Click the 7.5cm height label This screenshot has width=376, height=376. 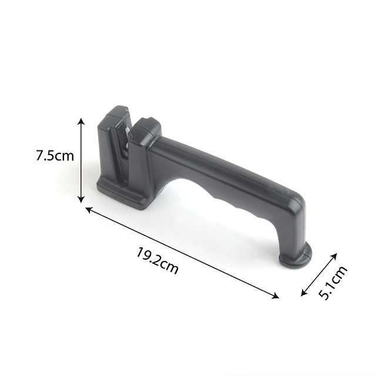click(x=55, y=155)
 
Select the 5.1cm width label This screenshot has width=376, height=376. click(x=333, y=283)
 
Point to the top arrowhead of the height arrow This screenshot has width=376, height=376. click(x=82, y=121)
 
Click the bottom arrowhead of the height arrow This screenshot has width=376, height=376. click(x=82, y=199)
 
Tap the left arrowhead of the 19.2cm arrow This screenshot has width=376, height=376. click(x=89, y=210)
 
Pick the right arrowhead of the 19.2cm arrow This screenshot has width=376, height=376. click(x=276, y=296)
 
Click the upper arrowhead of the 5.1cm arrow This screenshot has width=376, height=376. click(x=334, y=256)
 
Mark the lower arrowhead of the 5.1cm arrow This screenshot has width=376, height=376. click(x=304, y=293)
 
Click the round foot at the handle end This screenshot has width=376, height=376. click(x=296, y=257)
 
